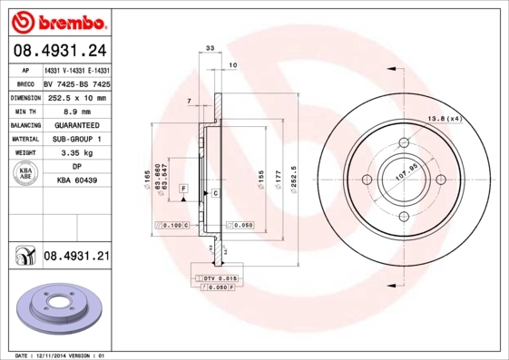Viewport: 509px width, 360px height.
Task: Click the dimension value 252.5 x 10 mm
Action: click(77, 97)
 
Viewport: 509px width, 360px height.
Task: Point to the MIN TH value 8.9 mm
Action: click(77, 111)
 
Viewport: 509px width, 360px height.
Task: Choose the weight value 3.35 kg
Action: click(77, 153)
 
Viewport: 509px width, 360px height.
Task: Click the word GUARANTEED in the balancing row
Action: click(77, 125)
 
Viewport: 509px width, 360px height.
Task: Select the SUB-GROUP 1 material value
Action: click(77, 139)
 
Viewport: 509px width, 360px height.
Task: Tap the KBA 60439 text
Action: click(77, 181)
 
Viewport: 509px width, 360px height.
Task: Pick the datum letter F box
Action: click(184, 188)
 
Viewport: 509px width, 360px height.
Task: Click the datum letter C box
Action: click(216, 193)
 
